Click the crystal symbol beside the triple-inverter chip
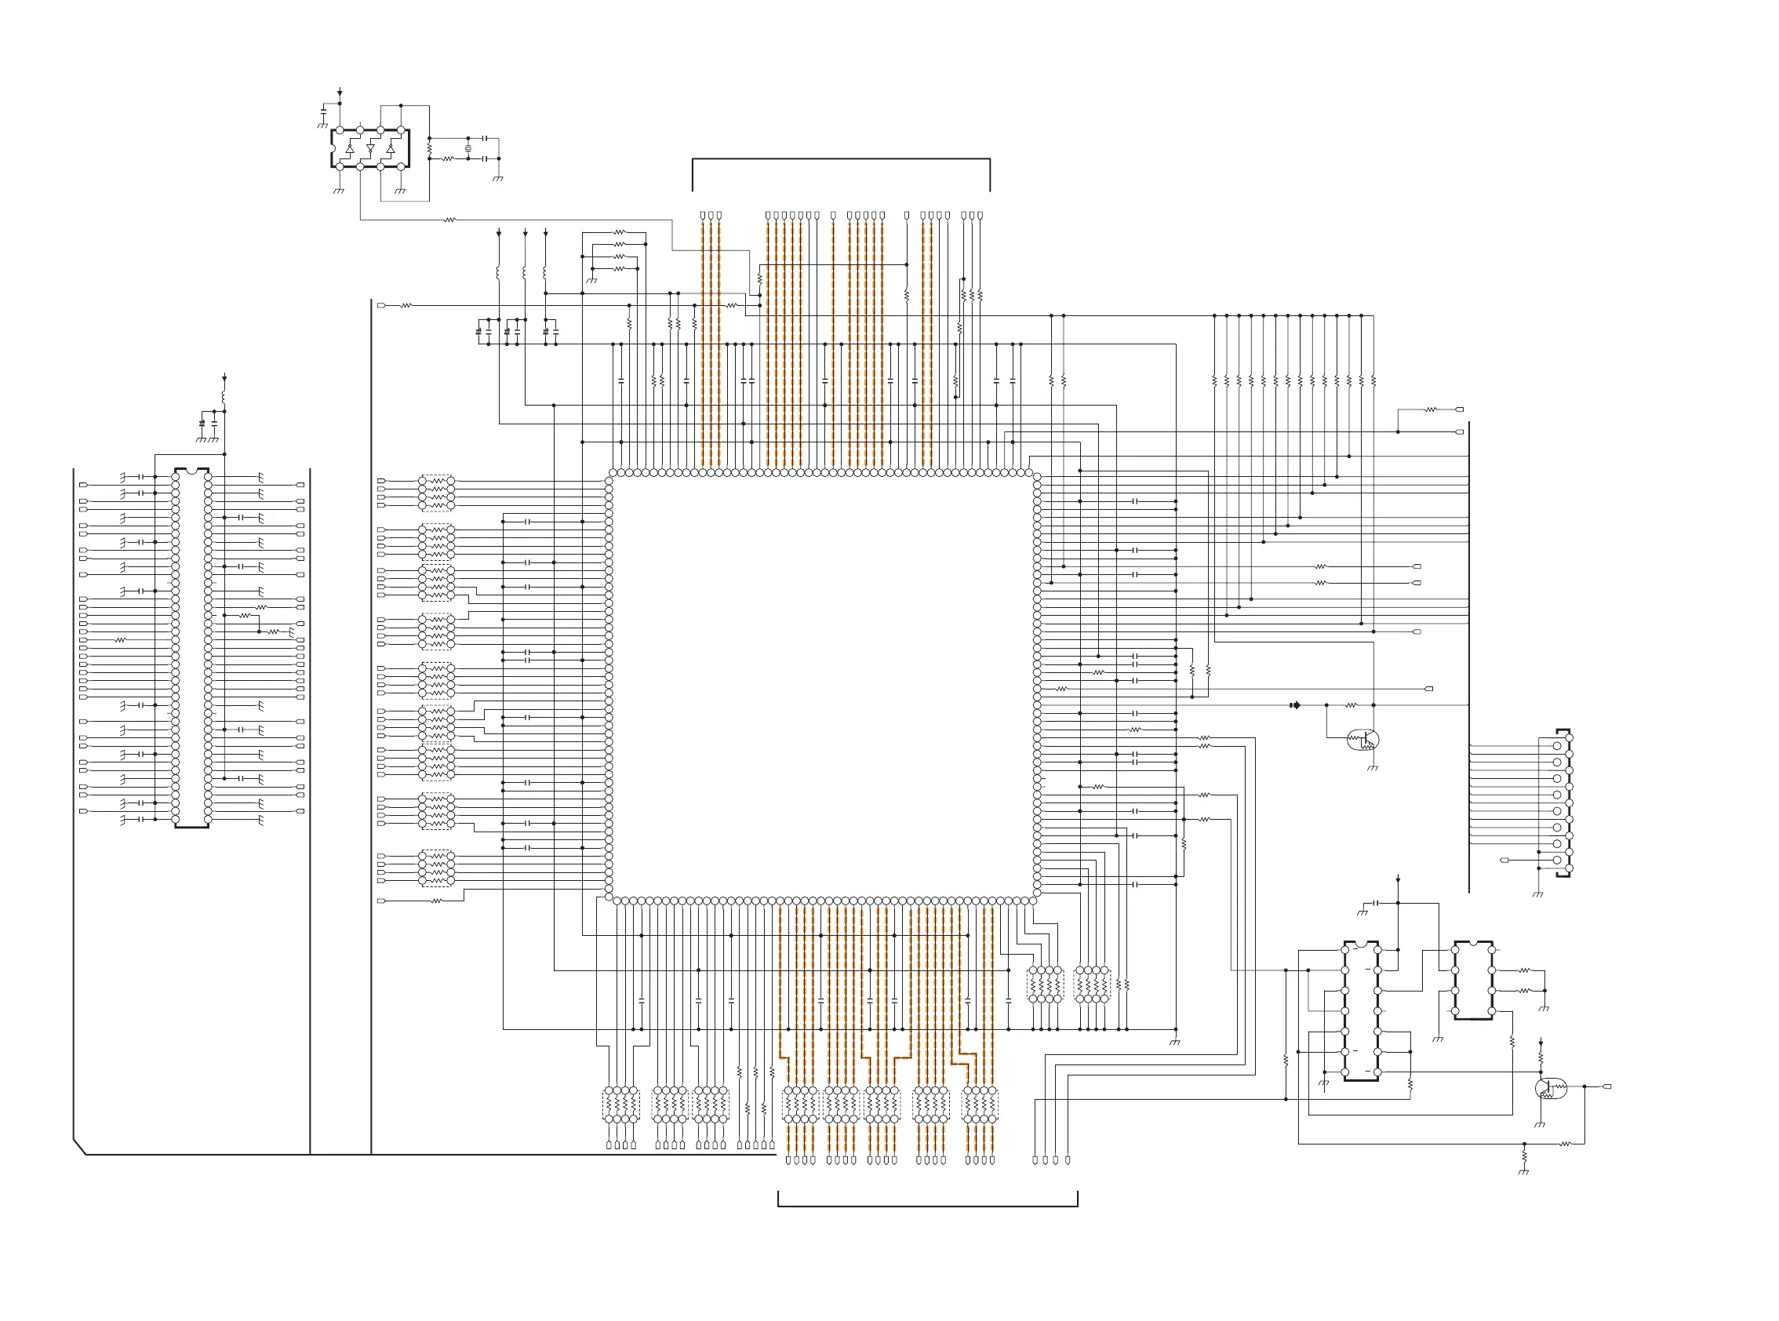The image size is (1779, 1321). pyautogui.click(x=468, y=149)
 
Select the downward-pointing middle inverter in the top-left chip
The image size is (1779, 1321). pyautogui.click(x=370, y=149)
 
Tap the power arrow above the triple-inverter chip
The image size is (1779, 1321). pyautogui.click(x=340, y=93)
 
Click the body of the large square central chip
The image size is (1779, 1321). pyautogui.click(x=823, y=686)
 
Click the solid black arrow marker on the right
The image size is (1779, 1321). pyautogui.click(x=1295, y=705)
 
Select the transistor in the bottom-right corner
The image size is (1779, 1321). pyautogui.click(x=1551, y=1088)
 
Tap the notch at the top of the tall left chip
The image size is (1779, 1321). pyautogui.click(x=192, y=471)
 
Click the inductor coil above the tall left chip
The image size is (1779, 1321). pyautogui.click(x=224, y=396)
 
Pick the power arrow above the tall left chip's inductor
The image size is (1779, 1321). pyautogui.click(x=224, y=377)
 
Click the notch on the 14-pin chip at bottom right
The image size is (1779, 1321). pyautogui.click(x=1361, y=944)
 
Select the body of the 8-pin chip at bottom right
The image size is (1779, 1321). pyautogui.click(x=1473, y=981)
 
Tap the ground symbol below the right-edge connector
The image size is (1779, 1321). pyautogui.click(x=1537, y=895)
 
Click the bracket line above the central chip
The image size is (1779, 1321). pyautogui.click(x=841, y=159)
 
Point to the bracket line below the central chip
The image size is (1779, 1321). pyautogui.click(x=927, y=1206)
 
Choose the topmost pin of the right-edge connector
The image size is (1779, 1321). pyautogui.click(x=1557, y=745)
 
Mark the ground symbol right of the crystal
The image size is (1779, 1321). pyautogui.click(x=498, y=178)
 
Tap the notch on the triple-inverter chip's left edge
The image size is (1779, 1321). pyautogui.click(x=333, y=149)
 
